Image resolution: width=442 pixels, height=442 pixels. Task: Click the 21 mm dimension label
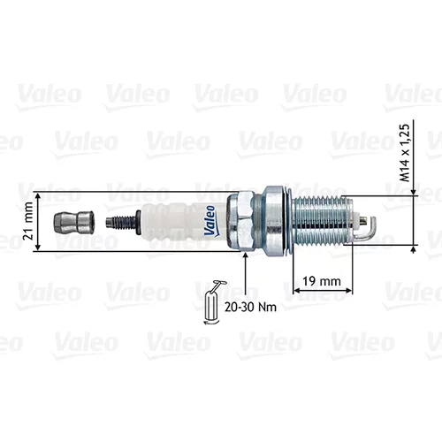coord(28,221)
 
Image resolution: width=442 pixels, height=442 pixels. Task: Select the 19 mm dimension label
coord(322,281)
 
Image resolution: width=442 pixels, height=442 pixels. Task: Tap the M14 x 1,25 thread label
coord(404,153)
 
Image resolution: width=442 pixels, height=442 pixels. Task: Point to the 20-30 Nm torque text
coord(250,307)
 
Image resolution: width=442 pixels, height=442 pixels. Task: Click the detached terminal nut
coord(73,222)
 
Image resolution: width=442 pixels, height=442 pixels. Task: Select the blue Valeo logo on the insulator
coord(210,220)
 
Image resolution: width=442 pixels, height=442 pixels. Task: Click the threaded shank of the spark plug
coord(323,221)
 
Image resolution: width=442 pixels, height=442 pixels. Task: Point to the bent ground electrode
coord(370,228)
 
